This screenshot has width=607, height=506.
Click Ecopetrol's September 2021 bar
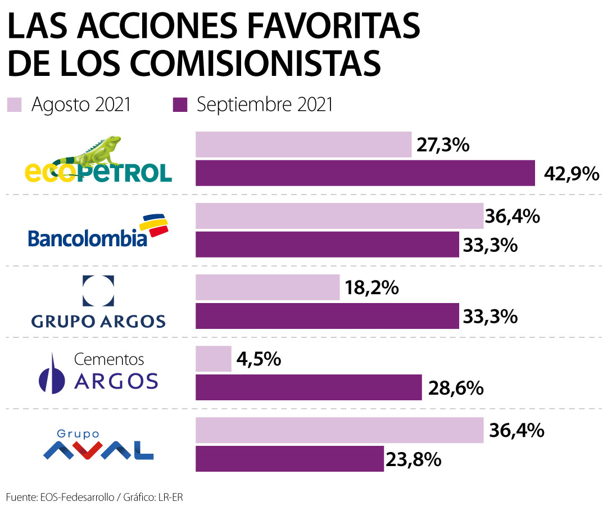tap(365, 173)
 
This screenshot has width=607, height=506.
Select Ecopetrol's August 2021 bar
tap(303, 144)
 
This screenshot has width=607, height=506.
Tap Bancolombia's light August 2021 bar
tap(339, 216)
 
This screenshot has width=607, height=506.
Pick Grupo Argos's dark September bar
tap(327, 315)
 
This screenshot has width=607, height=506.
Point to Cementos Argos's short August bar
tap(213, 359)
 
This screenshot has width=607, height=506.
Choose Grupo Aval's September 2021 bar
tap(289, 459)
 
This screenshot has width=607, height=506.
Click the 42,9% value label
tap(571, 174)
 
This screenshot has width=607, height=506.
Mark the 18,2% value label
tap(371, 288)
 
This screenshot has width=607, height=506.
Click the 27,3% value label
tap(443, 145)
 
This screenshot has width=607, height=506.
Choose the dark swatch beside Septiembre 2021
tap(180, 105)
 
